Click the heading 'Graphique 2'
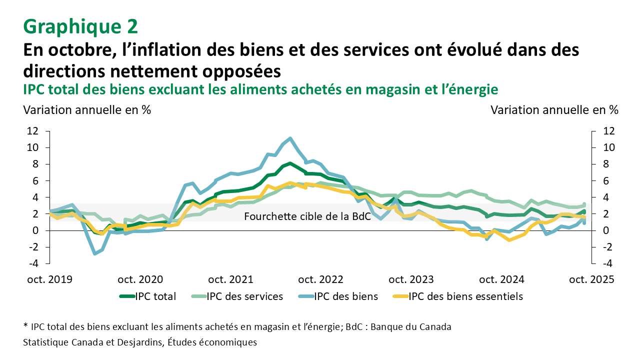80,25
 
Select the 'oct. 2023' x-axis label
411,279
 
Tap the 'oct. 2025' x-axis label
591,279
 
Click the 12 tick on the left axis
33,131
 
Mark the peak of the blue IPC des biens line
290,138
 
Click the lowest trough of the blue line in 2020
95,253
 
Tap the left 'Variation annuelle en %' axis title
87,110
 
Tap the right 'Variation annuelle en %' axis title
554,110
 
